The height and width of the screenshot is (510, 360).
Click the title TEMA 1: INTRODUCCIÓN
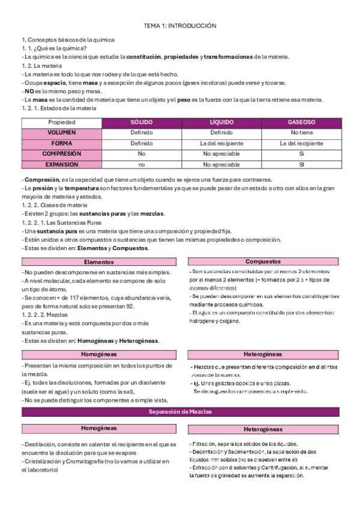point(180,26)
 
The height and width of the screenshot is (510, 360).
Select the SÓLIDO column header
point(142,122)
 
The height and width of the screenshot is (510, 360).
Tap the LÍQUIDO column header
point(221,122)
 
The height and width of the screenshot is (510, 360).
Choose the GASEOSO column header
point(301,122)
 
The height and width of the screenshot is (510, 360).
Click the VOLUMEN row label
point(62,132)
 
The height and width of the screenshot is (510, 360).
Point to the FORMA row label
point(62,143)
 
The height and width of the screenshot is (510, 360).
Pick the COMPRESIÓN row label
point(62,153)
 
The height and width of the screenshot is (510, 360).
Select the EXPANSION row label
point(62,164)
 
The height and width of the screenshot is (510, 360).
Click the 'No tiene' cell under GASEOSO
point(301,132)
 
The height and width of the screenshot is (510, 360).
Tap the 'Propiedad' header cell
point(62,122)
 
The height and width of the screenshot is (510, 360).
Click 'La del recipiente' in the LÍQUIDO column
point(221,143)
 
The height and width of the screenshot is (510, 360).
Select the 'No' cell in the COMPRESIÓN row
point(142,153)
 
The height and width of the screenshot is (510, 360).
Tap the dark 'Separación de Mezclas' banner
point(180,411)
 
